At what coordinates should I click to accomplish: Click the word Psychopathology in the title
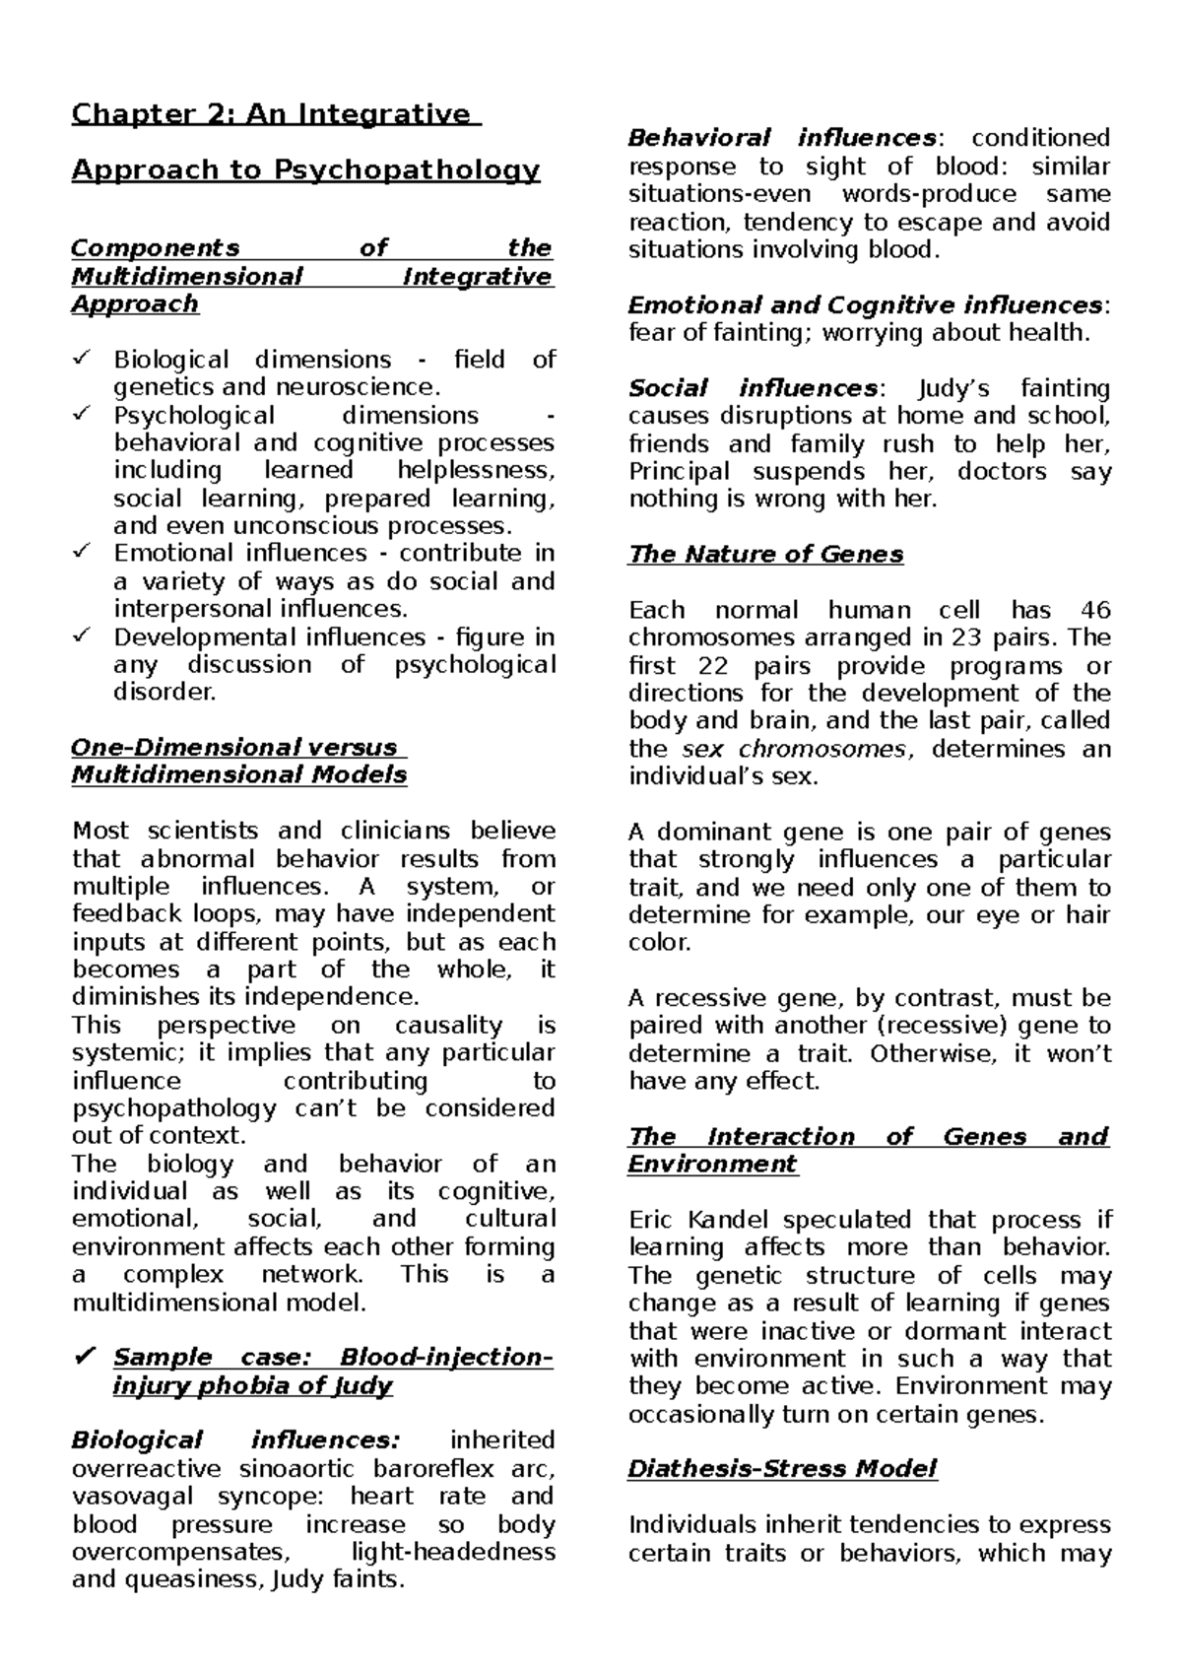[x=406, y=170]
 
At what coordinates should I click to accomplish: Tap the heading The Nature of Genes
[x=765, y=555]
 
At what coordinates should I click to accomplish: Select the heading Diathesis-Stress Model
[x=782, y=1469]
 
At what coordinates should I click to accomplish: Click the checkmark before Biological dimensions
[x=82, y=359]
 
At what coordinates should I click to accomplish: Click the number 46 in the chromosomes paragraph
[x=1094, y=610]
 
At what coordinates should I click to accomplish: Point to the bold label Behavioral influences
[x=783, y=138]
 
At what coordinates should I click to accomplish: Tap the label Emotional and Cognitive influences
[x=865, y=305]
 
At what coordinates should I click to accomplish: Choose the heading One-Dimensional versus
[x=233, y=747]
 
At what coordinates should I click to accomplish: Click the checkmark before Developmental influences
[x=82, y=636]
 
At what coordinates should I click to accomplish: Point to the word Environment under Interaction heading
[x=712, y=1165]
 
